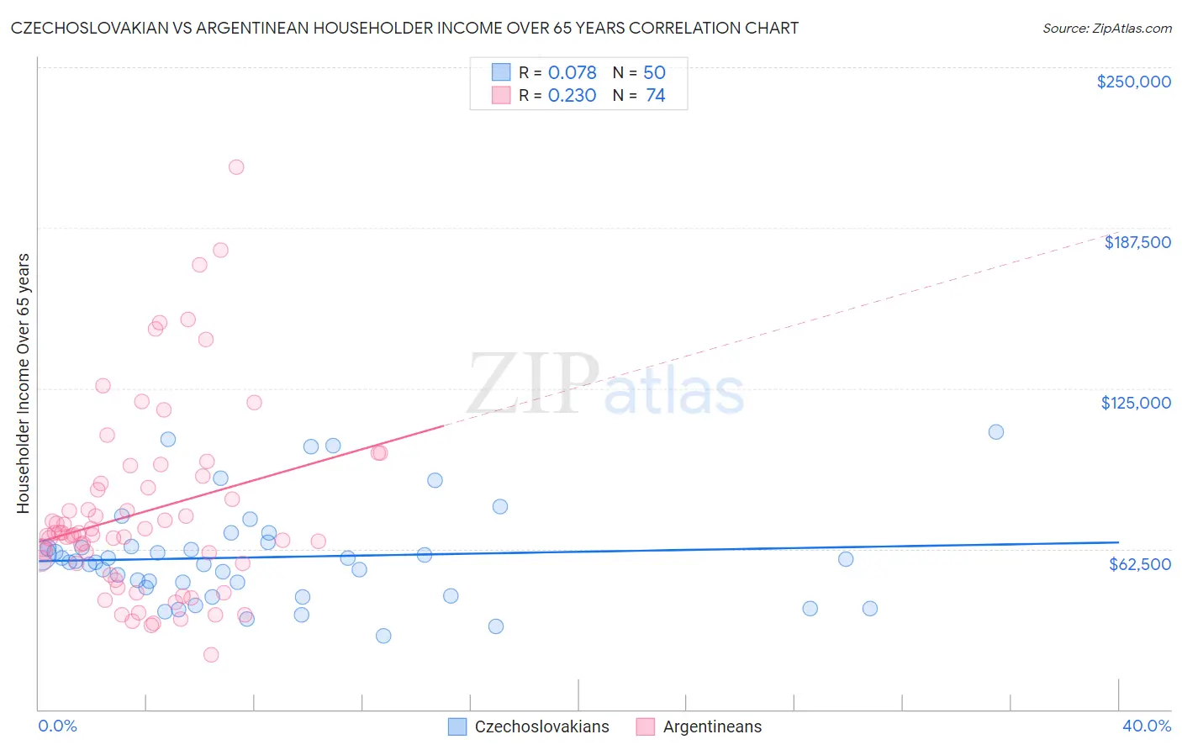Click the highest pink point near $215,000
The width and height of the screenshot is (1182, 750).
click(x=236, y=167)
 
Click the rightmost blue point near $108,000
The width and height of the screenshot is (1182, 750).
click(x=996, y=432)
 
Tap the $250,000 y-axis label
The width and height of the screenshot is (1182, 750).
click(x=1133, y=82)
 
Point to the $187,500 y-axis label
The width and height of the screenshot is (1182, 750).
click(x=1137, y=242)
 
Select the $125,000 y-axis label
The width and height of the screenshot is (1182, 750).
click(x=1136, y=403)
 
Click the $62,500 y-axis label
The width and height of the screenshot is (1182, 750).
click(x=1139, y=564)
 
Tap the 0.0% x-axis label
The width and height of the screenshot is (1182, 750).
click(x=57, y=726)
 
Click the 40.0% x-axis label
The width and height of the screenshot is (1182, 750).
click(x=1146, y=726)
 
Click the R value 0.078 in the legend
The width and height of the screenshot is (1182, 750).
click(x=572, y=73)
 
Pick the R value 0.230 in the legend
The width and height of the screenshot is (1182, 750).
click(x=572, y=96)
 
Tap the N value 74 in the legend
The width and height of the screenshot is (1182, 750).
click(x=656, y=96)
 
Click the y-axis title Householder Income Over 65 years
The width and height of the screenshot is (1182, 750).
click(x=24, y=383)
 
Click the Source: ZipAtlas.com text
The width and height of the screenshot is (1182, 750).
click(x=1106, y=29)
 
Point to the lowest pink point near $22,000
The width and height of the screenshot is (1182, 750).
click(x=211, y=655)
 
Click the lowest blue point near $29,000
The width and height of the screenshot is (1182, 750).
click(x=383, y=636)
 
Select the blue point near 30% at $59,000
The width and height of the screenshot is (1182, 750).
click(x=846, y=559)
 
